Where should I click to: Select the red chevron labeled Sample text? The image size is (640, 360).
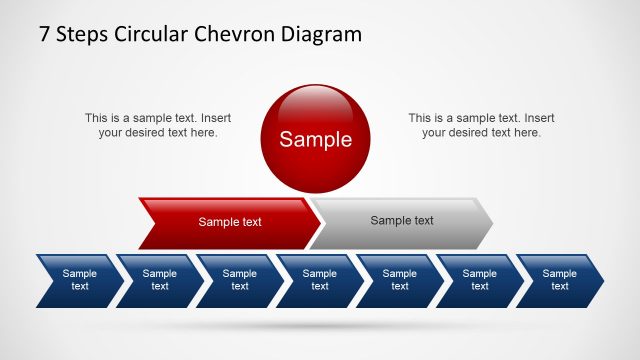click(229, 222)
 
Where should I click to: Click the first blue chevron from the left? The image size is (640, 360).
click(80, 280)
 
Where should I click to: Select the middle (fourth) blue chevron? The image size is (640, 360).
click(320, 280)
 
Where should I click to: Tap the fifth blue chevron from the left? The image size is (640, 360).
click(400, 280)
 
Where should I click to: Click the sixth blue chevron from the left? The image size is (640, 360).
click(480, 280)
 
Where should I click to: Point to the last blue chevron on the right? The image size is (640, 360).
click(560, 280)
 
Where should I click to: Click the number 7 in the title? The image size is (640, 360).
click(45, 34)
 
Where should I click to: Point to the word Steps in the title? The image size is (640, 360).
click(83, 34)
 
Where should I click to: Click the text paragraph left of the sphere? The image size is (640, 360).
click(158, 125)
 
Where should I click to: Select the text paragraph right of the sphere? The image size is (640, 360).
click(481, 125)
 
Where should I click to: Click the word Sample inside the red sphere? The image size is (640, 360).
click(315, 140)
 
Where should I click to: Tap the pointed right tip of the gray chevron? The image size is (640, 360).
click(490, 222)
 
